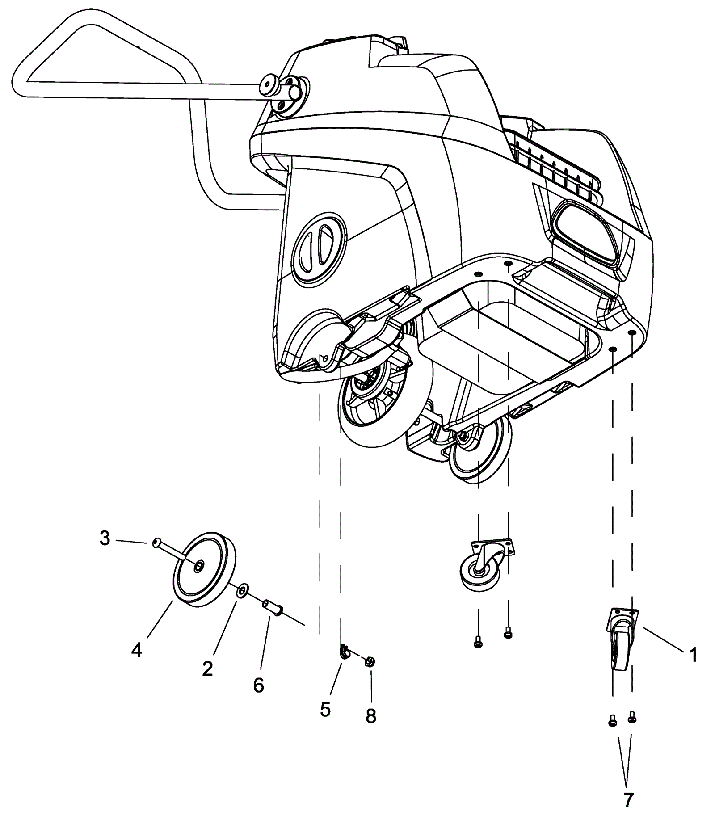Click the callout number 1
point(693,656)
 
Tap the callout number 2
point(207,669)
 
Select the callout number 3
point(105,539)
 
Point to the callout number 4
point(136,651)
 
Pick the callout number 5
point(325,709)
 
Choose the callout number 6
point(258,686)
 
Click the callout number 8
point(370,716)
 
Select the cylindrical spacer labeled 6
point(273,607)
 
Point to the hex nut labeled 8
point(370,661)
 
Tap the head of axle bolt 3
point(156,543)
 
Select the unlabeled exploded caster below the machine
point(485,564)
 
